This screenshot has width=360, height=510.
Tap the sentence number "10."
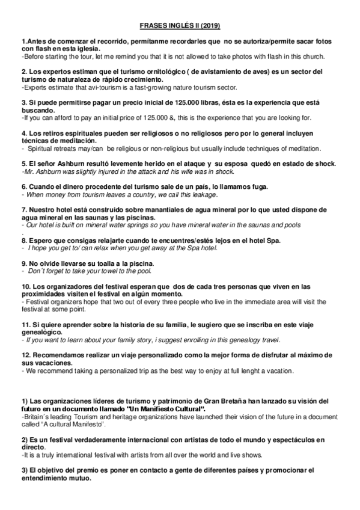click(x=26, y=286)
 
